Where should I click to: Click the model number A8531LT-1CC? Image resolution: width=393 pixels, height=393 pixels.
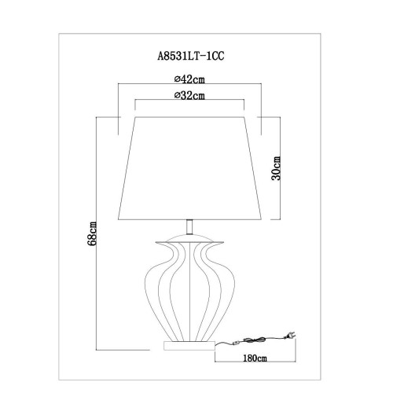191,56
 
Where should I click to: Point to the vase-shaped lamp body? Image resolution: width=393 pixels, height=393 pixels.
189,287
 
